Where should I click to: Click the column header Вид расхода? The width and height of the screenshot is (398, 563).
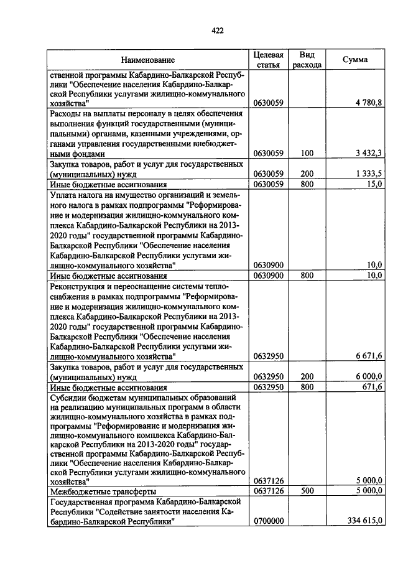point(306,60)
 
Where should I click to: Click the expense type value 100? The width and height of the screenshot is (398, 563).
point(306,153)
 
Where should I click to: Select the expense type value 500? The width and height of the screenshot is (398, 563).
point(306,491)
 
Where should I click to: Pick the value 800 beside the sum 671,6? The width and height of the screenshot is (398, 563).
point(306,386)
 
